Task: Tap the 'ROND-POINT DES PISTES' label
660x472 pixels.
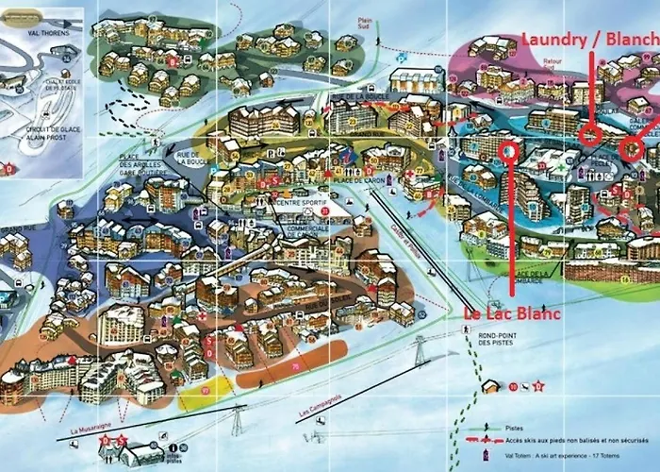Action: (499, 337)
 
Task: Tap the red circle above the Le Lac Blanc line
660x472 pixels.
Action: (510, 150)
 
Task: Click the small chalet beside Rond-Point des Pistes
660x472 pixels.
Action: (491, 386)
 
